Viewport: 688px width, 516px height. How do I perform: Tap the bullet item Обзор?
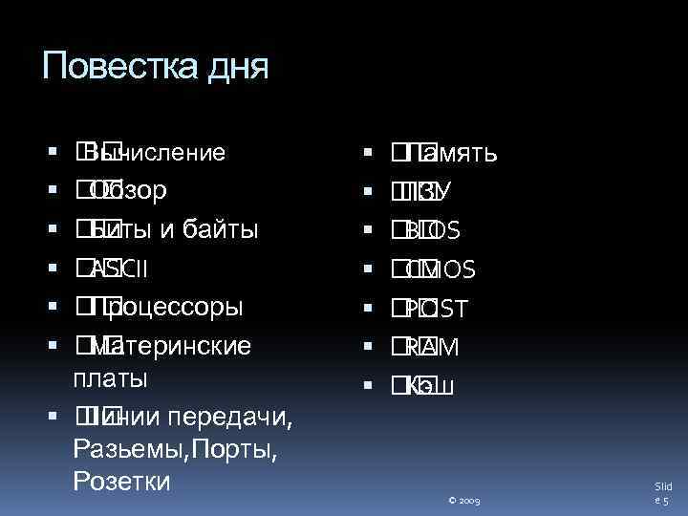click(129, 190)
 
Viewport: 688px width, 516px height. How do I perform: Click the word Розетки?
click(121, 481)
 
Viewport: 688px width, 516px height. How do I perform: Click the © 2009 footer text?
click(462, 500)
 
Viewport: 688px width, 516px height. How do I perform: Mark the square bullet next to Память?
click(370, 152)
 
